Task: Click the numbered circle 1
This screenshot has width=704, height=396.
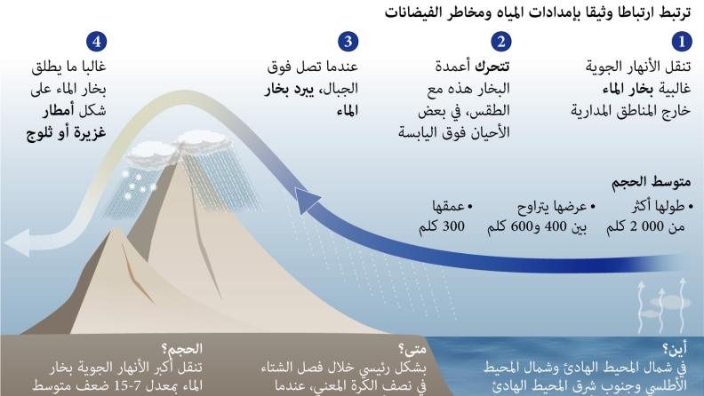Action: click(682, 42)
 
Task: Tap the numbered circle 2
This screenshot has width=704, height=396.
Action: click(501, 42)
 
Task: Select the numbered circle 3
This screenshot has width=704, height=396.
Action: click(348, 42)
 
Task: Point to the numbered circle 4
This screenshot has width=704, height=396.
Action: click(97, 42)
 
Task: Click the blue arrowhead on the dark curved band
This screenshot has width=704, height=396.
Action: click(307, 201)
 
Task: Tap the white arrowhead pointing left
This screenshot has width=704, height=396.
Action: click(17, 242)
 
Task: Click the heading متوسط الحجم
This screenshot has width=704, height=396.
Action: click(651, 182)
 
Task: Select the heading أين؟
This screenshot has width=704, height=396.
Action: click(675, 348)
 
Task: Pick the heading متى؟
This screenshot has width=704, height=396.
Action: click(412, 348)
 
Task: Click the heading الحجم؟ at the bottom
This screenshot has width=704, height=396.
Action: click(182, 348)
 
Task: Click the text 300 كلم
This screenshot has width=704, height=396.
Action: click(442, 226)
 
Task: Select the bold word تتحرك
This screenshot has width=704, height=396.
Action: click(492, 67)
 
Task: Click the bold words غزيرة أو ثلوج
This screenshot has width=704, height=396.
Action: click(66, 133)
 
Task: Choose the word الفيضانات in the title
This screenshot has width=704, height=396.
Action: click(412, 12)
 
